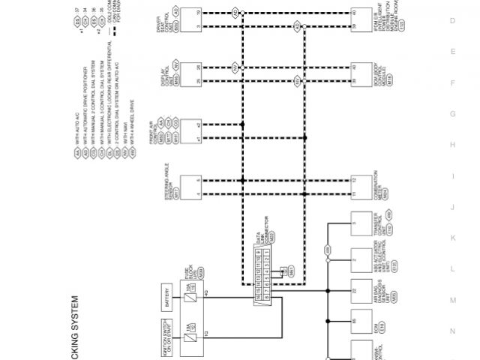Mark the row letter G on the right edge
pyautogui.click(x=452, y=113)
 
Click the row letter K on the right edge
pyautogui.click(x=452, y=237)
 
